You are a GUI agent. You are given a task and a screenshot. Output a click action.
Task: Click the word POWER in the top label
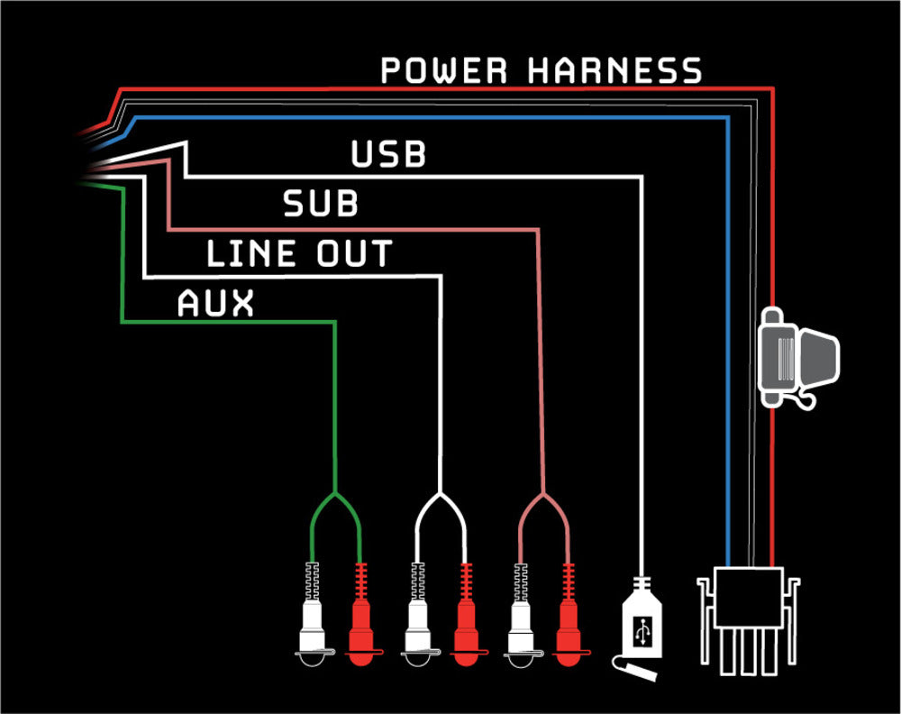coord(444,70)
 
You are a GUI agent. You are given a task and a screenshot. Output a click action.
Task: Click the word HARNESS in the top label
coord(614,70)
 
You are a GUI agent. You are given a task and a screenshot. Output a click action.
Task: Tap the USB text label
coord(388,154)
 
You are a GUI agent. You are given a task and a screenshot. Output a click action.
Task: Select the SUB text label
coord(321,205)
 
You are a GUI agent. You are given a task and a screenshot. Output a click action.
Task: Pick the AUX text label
coord(215,304)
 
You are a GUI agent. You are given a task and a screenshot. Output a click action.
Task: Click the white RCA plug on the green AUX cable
coord(312,622)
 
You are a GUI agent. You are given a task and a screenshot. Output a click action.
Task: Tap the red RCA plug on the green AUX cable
coord(361,622)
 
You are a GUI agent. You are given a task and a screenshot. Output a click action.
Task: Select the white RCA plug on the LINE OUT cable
coord(417,622)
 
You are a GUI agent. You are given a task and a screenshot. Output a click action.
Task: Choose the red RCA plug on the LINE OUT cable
coord(466,622)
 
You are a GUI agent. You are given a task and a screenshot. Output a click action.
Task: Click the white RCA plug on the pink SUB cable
coord(520,622)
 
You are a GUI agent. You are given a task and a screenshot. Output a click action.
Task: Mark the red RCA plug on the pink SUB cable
coord(569,622)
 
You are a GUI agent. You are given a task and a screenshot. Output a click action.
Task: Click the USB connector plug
coord(643,622)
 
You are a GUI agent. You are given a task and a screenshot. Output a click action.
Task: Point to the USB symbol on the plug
coord(643,629)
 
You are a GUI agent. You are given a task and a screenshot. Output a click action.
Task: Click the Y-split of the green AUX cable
coord(335,498)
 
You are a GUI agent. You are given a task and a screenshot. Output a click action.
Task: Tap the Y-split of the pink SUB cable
coord(543,498)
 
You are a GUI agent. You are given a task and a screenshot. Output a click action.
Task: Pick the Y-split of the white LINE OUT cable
coord(441,498)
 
